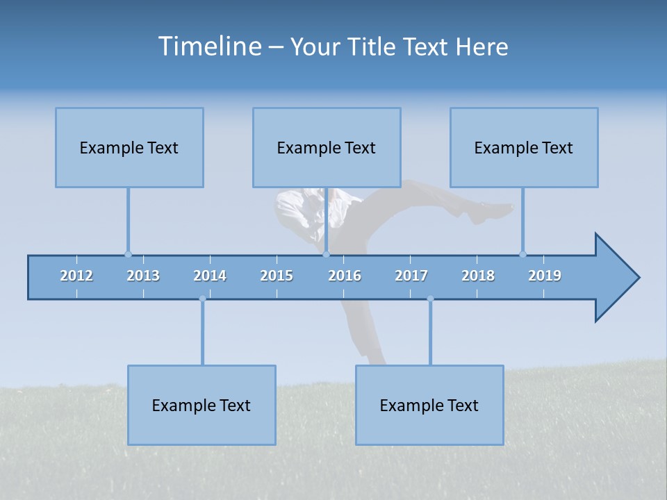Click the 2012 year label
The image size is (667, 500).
tap(76, 276)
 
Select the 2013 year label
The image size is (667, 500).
tap(143, 276)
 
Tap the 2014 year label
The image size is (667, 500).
tap(210, 276)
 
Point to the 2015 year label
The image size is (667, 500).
tap(277, 276)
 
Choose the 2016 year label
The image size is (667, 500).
tap(345, 276)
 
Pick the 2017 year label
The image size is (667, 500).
tap(411, 276)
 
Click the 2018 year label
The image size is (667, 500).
tap(478, 276)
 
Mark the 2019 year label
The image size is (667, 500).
tap(545, 276)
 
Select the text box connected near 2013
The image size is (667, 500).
tap(129, 148)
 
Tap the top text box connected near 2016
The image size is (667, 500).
tap(327, 148)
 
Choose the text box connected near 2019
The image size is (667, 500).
tap(524, 148)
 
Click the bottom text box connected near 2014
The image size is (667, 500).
tap(201, 406)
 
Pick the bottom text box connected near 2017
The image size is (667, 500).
tap(429, 406)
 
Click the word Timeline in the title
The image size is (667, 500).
tap(208, 47)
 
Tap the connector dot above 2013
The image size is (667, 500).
tap(128, 254)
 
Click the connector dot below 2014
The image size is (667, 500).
tap(202, 299)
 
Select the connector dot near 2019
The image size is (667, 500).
tap(522, 254)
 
